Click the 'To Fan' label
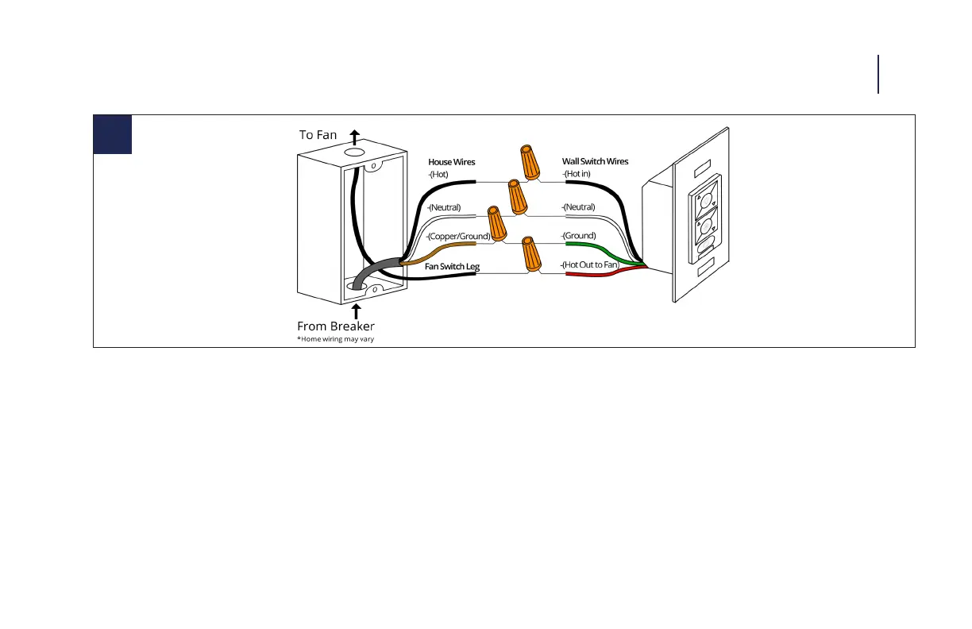318,135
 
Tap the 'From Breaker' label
336,326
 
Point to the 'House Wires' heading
452,162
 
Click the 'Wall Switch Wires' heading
595,161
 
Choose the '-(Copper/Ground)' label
458,236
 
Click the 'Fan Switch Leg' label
452,266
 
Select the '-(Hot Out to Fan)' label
589,264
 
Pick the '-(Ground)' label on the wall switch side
579,236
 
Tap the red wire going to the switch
592,275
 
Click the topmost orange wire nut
528,161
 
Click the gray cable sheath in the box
372,270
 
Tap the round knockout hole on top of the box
353,150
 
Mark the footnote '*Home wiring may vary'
335,339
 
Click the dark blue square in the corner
113,134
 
